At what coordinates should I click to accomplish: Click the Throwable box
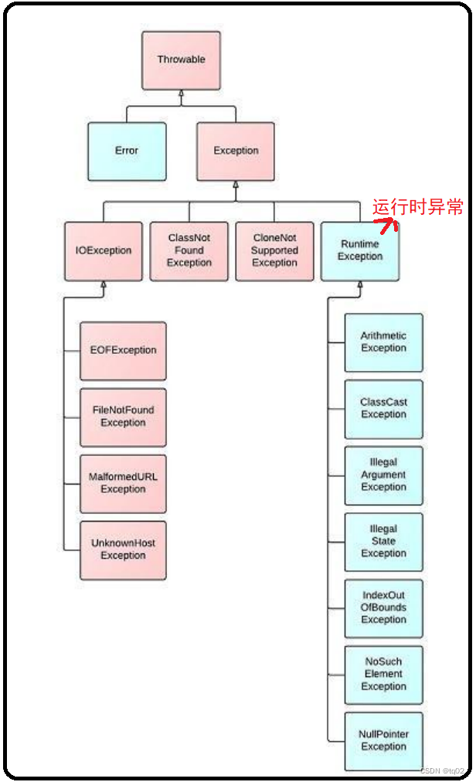pos(181,59)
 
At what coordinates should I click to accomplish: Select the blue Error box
pos(126,151)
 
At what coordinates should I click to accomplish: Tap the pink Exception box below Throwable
pos(236,151)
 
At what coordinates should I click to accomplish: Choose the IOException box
pos(104,250)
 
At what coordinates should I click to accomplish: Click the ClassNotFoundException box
pos(189,250)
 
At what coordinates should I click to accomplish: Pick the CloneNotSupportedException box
pos(274,250)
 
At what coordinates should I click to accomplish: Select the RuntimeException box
pos(360,250)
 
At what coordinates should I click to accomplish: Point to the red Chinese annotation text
pos(417,207)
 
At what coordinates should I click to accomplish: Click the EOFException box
pos(123,350)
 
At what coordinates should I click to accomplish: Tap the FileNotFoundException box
pos(123,416)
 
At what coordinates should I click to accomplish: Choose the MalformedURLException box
pos(123,483)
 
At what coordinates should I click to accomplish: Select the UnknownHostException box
pos(123,549)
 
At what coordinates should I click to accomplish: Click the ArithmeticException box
pos(383,342)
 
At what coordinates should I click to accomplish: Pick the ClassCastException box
pos(383,409)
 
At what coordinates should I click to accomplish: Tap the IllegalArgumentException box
pos(383,475)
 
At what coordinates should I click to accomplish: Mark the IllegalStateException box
pos(383,542)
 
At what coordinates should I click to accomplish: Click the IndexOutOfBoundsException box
pos(383,608)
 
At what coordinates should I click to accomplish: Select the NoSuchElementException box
pos(383,675)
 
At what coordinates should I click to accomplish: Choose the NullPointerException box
pos(383,741)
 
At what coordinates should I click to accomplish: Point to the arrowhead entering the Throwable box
pos(181,93)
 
